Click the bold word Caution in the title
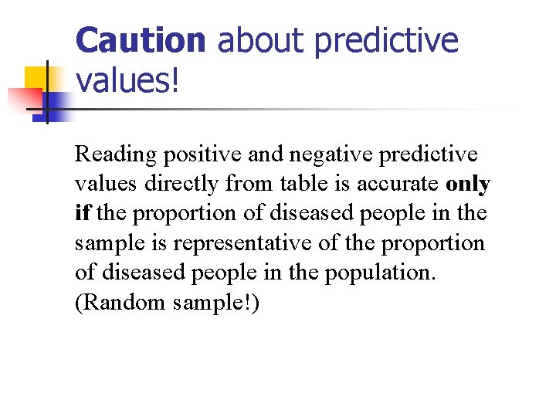(x=141, y=41)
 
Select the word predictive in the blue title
(x=388, y=41)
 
